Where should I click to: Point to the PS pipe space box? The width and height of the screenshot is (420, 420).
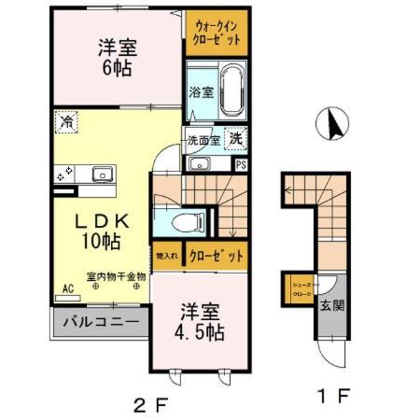[242, 164]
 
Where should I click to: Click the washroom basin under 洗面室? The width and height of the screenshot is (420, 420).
[200, 164]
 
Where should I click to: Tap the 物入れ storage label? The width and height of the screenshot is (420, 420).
[167, 255]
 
